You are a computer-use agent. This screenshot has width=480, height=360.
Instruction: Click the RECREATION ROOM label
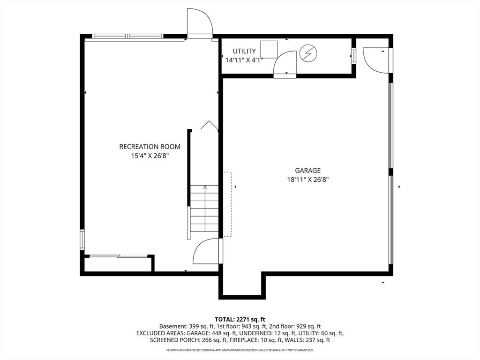tap(150, 147)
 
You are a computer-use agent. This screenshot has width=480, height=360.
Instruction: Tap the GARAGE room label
tap(307, 171)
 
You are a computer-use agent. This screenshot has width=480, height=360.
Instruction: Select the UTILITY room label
tap(244, 51)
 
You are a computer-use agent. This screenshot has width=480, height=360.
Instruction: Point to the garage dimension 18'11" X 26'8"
tap(307, 179)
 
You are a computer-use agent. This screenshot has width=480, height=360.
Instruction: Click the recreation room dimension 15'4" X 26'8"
tap(150, 155)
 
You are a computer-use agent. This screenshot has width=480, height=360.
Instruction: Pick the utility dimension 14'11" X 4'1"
tap(244, 60)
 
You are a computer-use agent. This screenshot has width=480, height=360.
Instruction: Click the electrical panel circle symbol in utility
tap(308, 53)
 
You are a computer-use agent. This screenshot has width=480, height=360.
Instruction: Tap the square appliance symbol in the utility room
tap(269, 49)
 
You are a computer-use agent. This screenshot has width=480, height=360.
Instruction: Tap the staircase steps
tap(204, 208)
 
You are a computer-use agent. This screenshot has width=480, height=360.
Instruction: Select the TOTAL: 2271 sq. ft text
tap(240, 319)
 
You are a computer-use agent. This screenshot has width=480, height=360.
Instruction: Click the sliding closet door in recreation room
tap(118, 256)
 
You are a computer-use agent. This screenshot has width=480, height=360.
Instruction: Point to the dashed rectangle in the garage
tap(227, 204)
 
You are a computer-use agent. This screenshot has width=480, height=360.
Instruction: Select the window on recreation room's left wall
tap(82, 239)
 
